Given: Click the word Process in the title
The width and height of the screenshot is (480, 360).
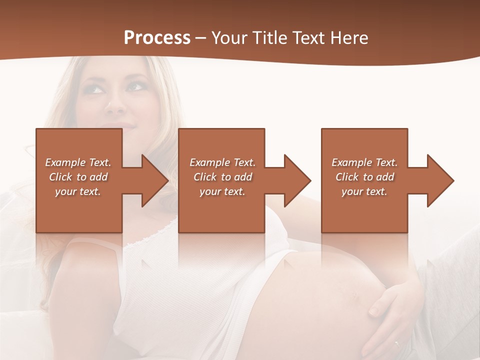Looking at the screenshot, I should [157, 37].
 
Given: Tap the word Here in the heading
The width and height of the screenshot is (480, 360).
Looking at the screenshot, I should [348, 38].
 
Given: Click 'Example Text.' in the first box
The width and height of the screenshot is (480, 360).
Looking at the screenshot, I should [78, 162].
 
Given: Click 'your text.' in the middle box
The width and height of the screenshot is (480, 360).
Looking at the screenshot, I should [222, 191].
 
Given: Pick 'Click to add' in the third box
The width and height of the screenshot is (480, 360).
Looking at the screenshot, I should [365, 177].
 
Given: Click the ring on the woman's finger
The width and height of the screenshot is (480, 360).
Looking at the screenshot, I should [397, 344].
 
